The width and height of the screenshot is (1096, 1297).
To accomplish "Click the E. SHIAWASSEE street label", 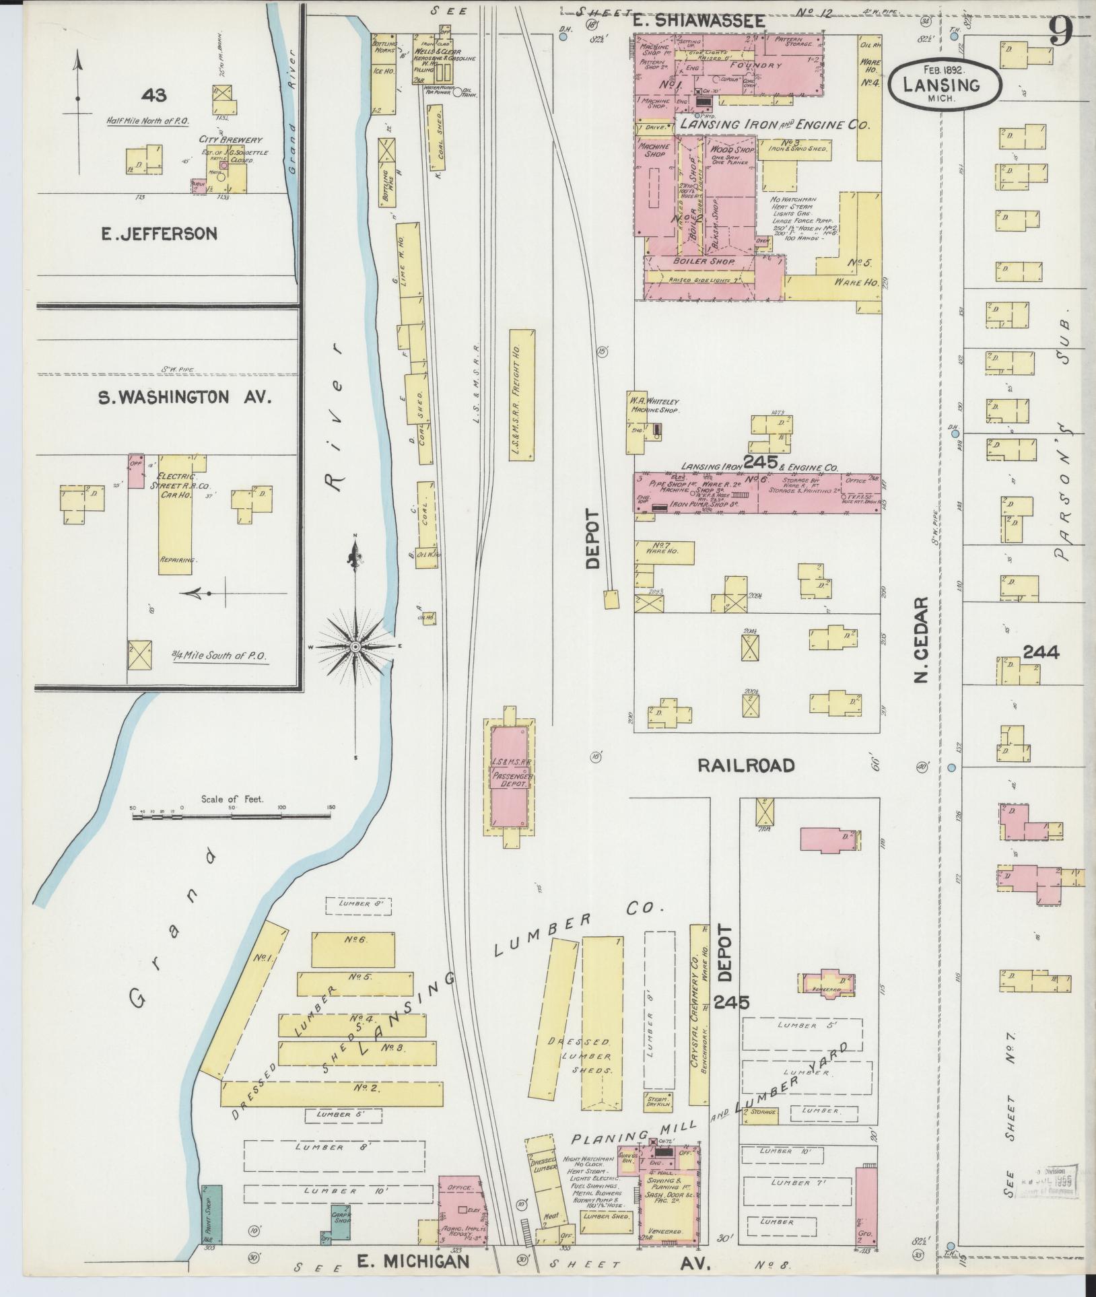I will (699, 21).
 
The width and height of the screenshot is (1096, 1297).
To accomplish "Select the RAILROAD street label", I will (746, 765).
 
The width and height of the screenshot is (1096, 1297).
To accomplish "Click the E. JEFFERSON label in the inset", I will (160, 234).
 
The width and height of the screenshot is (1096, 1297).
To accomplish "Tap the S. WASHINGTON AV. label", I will (184, 398).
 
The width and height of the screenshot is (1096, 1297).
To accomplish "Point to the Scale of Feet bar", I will (231, 816).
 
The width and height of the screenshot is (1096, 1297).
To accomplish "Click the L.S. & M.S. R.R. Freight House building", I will (522, 394).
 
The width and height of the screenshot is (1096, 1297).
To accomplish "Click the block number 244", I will (1041, 652).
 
